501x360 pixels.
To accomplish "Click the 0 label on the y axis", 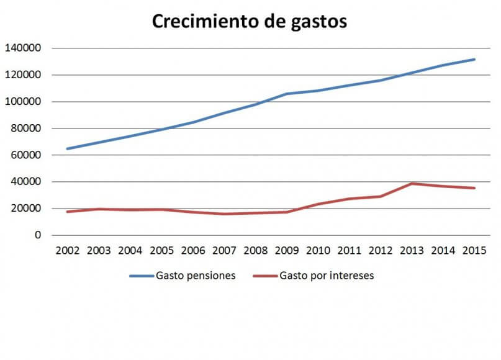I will (37, 235).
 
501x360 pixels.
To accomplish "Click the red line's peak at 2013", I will (412, 184).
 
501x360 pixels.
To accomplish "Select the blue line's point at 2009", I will (286, 94).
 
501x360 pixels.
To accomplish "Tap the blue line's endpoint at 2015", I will (475, 60).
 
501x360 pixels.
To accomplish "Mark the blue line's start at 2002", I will (66, 149).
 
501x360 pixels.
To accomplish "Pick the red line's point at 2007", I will (223, 214).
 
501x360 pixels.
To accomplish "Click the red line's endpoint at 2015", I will (475, 188).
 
